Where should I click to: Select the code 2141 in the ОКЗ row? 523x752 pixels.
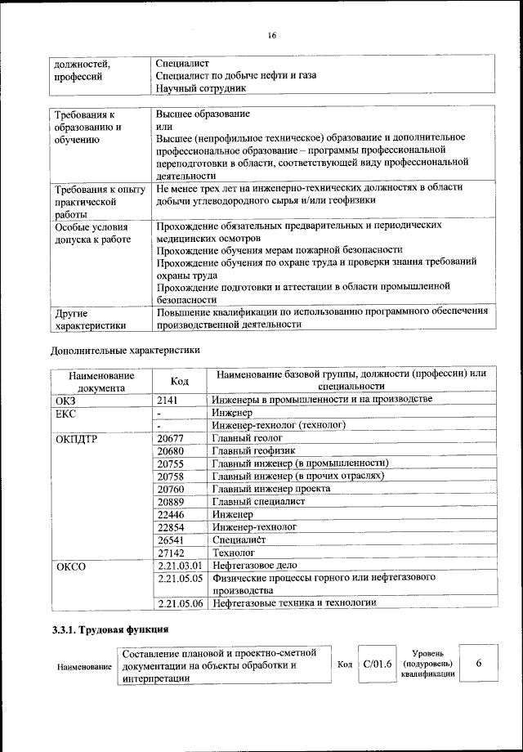tap(168, 400)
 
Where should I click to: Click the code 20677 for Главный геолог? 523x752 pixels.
tap(170, 438)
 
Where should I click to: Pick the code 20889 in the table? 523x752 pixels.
tap(170, 501)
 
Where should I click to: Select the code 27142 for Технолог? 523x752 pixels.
tap(170, 553)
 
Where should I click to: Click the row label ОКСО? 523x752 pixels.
tap(70, 566)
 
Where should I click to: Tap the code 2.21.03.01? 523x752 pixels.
tap(180, 566)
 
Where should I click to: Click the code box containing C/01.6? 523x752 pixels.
tap(378, 665)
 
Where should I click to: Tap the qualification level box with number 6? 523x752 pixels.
tap(479, 665)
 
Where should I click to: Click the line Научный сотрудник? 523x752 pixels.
tap(200, 88)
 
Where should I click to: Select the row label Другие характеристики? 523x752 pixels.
tap(89, 319)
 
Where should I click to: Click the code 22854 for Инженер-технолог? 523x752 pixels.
tap(170, 527)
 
